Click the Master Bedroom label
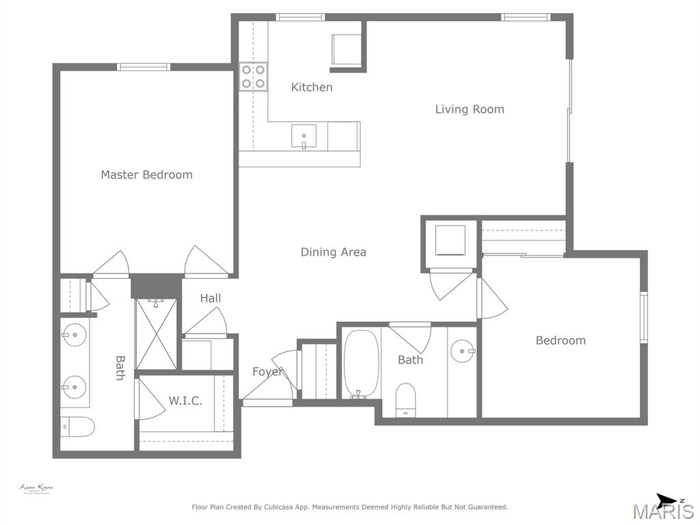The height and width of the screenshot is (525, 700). tap(146, 174)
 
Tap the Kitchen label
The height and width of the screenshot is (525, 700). tap(312, 87)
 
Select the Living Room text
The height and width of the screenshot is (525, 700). tap(470, 109)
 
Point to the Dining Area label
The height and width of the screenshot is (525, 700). tap(334, 252)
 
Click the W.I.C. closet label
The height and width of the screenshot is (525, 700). tap(185, 401)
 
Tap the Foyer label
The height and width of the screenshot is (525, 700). tap(267, 372)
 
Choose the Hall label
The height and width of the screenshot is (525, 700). tap(211, 298)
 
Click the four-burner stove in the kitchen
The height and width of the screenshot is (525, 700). tap(253, 77)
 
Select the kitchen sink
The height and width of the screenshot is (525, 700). tap(304, 137)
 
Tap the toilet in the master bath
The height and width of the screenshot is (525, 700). tap(77, 427)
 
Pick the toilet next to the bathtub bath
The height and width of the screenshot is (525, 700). tap(406, 399)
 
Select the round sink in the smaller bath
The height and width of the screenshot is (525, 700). tap(463, 351)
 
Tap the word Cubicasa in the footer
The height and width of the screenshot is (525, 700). tap(293, 507)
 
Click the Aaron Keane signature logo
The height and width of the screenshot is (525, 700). tap(36, 489)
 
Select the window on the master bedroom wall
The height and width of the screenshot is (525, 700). tap(143, 67)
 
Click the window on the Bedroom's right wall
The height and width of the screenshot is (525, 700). tap(643, 317)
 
